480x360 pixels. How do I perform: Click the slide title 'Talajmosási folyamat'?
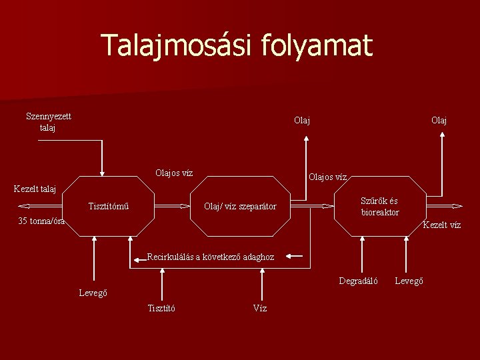(237, 45)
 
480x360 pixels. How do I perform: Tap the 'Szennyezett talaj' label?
(49, 121)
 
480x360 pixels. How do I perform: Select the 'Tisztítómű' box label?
(109, 206)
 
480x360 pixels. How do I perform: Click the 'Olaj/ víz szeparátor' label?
(240, 206)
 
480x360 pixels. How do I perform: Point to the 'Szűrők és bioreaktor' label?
(379, 207)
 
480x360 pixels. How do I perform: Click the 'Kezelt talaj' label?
(35, 189)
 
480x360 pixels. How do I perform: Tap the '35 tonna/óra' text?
(41, 221)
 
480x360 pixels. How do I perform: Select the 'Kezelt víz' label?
(442, 225)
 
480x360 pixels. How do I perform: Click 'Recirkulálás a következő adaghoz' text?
(210, 256)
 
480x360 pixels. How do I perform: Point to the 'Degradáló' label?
(358, 281)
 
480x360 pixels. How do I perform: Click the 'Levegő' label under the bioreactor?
(409, 281)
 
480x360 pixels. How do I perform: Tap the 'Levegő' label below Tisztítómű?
(93, 293)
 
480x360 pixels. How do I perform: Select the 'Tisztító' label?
(161, 308)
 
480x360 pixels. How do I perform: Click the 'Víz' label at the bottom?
(260, 308)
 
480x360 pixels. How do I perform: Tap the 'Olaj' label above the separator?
(302, 121)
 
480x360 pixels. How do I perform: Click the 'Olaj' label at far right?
(439, 121)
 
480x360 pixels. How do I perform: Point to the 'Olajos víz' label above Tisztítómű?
(174, 173)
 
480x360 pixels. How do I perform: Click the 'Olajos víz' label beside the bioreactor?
(327, 177)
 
